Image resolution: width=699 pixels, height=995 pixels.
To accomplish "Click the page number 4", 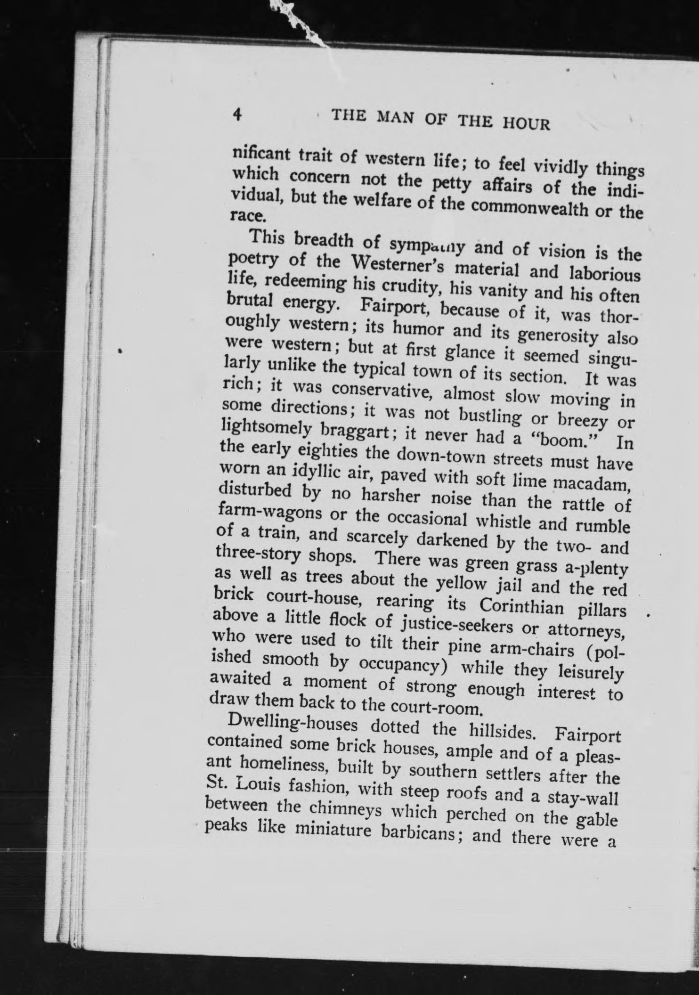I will point(237,115).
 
